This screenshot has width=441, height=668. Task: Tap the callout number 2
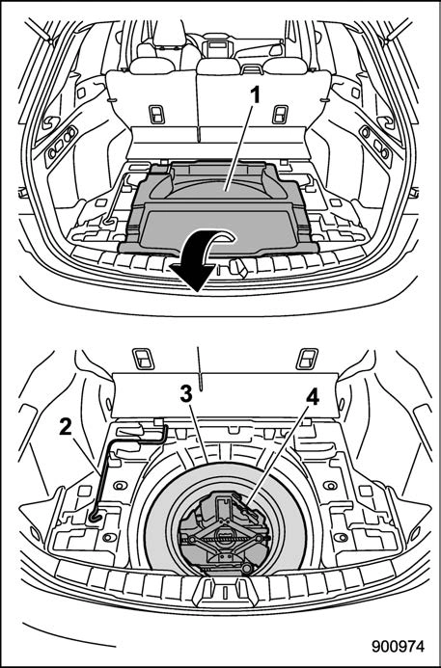pyautogui.click(x=66, y=427)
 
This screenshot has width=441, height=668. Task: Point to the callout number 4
pyautogui.click(x=312, y=398)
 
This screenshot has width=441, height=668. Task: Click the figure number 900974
pyautogui.click(x=398, y=646)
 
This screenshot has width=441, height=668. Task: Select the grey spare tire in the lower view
pyautogui.click(x=225, y=519)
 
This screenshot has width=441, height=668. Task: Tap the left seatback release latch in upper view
pyautogui.click(x=156, y=115)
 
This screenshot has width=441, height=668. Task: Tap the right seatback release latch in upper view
pyautogui.click(x=280, y=115)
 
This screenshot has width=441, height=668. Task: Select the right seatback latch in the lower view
pyautogui.click(x=307, y=359)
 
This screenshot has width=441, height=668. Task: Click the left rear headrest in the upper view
pyautogui.click(x=152, y=66)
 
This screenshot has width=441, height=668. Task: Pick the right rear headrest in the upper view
pyautogui.click(x=285, y=66)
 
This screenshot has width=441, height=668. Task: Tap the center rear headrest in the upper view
pyautogui.click(x=218, y=67)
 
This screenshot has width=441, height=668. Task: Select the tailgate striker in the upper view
pyautogui.click(x=237, y=268)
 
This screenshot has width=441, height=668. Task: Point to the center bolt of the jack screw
pyautogui.click(x=224, y=535)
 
